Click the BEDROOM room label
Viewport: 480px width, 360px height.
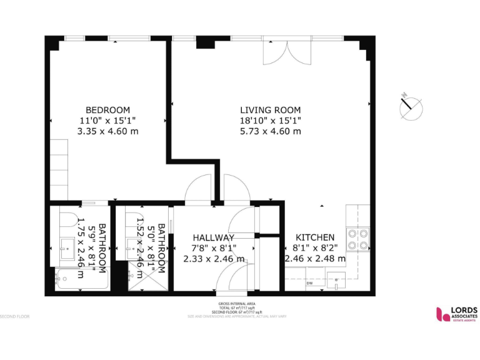click(x=107, y=109)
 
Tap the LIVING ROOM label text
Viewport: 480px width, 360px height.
click(x=271, y=109)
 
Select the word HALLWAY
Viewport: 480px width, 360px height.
click(x=214, y=237)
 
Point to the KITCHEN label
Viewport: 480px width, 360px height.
click(x=314, y=237)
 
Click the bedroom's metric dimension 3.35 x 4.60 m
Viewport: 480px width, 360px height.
click(x=107, y=131)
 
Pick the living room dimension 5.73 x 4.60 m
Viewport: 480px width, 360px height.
click(x=271, y=131)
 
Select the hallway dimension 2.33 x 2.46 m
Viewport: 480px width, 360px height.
click(x=214, y=259)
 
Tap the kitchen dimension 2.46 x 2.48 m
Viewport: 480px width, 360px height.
click(x=315, y=259)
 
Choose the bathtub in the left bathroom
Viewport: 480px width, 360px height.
click(x=81, y=279)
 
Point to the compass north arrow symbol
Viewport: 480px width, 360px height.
click(x=410, y=106)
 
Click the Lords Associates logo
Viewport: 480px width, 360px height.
click(x=456, y=314)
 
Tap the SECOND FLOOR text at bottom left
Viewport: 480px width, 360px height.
click(x=14, y=316)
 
